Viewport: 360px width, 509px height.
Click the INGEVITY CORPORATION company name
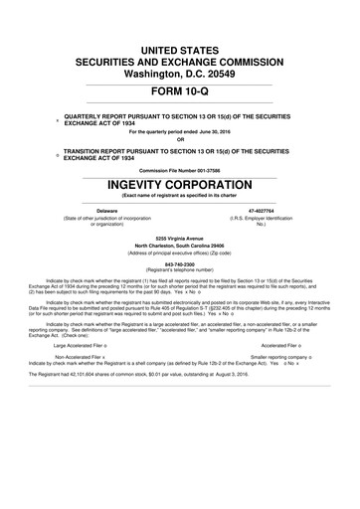point(180,184)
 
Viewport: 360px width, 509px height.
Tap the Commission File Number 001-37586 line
point(180,169)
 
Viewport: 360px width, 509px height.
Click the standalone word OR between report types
point(180,137)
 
